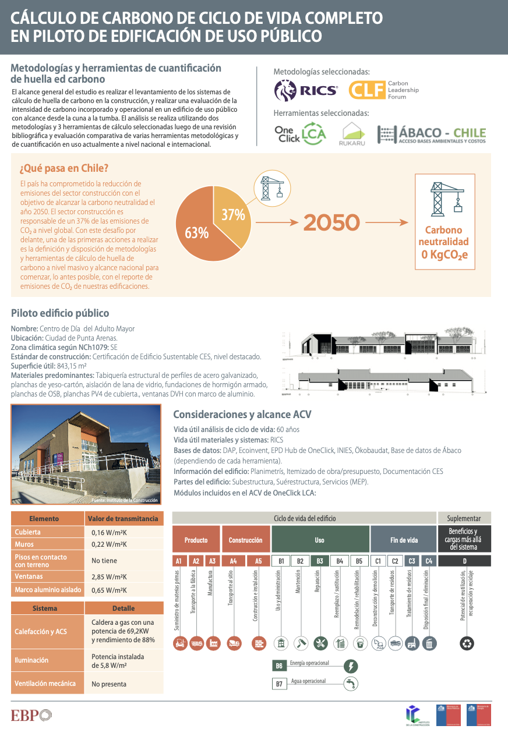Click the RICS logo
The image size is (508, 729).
point(305,90)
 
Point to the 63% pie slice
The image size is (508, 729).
point(198,233)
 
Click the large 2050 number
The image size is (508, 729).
point(331,222)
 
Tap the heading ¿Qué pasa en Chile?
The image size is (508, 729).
point(64,168)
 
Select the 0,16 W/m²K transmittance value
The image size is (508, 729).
point(110,532)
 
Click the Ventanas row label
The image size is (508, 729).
point(29,576)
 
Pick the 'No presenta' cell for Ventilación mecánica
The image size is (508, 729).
point(108,684)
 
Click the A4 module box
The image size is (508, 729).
point(233,561)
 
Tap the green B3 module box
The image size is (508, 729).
point(320,561)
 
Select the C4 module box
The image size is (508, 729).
point(429,561)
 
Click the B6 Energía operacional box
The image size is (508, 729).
point(279,666)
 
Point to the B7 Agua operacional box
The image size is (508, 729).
point(279,684)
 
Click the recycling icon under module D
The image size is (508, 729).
point(467,643)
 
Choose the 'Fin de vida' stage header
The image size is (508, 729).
point(404,540)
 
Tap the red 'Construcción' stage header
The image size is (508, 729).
point(245,540)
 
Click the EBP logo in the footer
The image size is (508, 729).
point(31,714)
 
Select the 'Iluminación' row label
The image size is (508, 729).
point(31,660)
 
